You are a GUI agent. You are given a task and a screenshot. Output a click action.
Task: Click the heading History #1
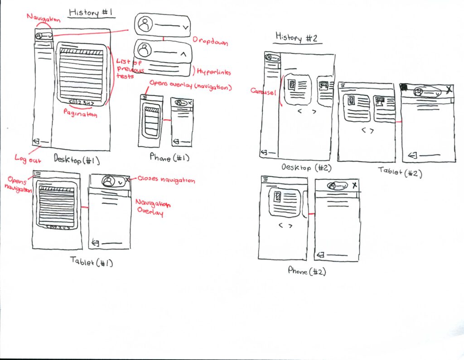[x=91, y=12]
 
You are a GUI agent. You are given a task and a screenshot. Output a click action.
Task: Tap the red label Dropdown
[x=210, y=41]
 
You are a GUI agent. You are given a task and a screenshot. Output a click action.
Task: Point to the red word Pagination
[x=81, y=115]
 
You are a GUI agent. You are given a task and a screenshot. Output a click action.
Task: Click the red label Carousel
[x=264, y=91]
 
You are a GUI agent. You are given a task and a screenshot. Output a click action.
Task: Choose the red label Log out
[x=28, y=159]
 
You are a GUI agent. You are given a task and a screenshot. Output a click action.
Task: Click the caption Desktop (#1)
[x=77, y=159]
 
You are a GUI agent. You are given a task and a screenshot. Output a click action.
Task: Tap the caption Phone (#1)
[x=169, y=158]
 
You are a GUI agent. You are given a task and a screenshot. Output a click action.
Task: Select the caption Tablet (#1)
[x=92, y=261]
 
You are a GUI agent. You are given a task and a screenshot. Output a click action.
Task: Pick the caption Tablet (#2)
[x=400, y=171]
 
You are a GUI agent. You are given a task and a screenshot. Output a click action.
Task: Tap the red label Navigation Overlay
[x=150, y=208]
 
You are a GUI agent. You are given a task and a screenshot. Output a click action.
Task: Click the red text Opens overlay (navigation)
[x=190, y=86]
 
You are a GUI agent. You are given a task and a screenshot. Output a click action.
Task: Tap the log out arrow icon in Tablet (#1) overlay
[x=96, y=243]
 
